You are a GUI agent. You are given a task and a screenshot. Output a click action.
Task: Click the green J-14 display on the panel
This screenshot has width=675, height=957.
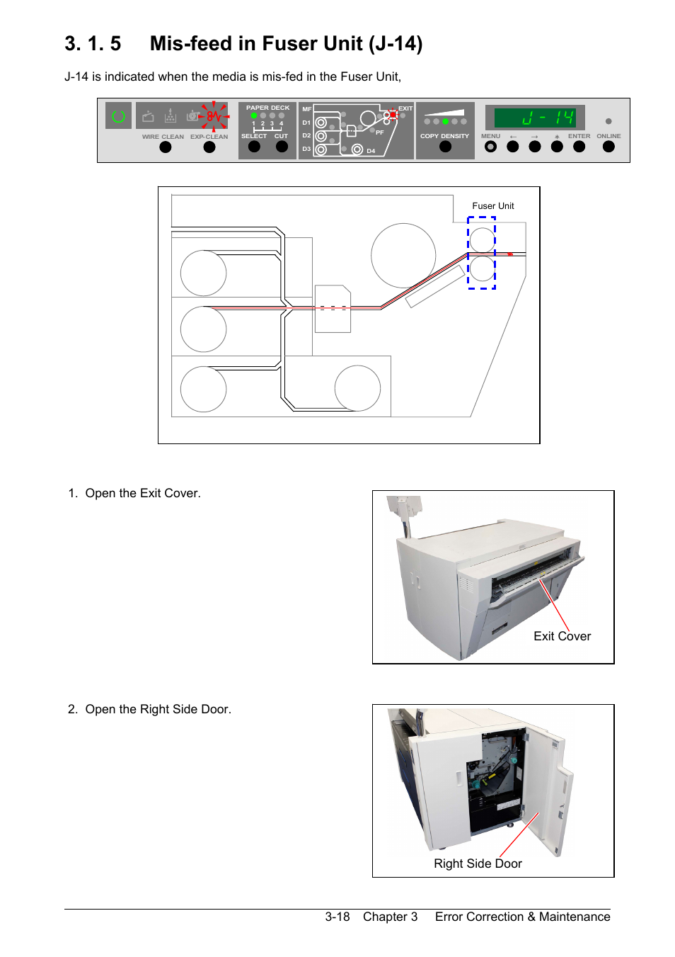(536, 118)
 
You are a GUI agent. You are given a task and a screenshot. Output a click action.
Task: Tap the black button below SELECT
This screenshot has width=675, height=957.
(254, 147)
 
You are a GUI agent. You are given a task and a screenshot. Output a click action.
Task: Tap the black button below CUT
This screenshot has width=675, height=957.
(282, 147)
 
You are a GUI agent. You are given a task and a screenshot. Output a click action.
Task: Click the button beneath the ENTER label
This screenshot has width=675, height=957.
(579, 147)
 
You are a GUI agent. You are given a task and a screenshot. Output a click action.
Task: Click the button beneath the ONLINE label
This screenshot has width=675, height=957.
(608, 147)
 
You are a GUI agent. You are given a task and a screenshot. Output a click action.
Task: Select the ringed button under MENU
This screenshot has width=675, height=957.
(490, 147)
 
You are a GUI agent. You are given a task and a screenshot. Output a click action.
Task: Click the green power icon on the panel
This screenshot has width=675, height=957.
(118, 115)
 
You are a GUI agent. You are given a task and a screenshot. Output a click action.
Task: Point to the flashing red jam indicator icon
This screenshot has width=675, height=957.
(214, 115)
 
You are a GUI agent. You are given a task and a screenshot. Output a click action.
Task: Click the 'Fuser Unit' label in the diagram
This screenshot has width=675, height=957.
(493, 206)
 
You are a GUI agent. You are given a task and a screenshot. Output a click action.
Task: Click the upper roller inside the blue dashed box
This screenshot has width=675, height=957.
(482, 239)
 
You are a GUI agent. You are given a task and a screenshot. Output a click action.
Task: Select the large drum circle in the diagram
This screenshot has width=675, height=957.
(403, 256)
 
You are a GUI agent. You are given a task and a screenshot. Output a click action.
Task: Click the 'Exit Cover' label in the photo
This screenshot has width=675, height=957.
(562, 636)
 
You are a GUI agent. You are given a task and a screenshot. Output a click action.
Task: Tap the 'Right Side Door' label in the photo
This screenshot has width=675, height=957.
(478, 863)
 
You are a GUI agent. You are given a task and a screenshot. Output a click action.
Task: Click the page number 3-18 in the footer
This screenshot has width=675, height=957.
(337, 917)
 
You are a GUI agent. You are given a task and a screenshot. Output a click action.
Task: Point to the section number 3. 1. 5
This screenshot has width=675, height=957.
(93, 44)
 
